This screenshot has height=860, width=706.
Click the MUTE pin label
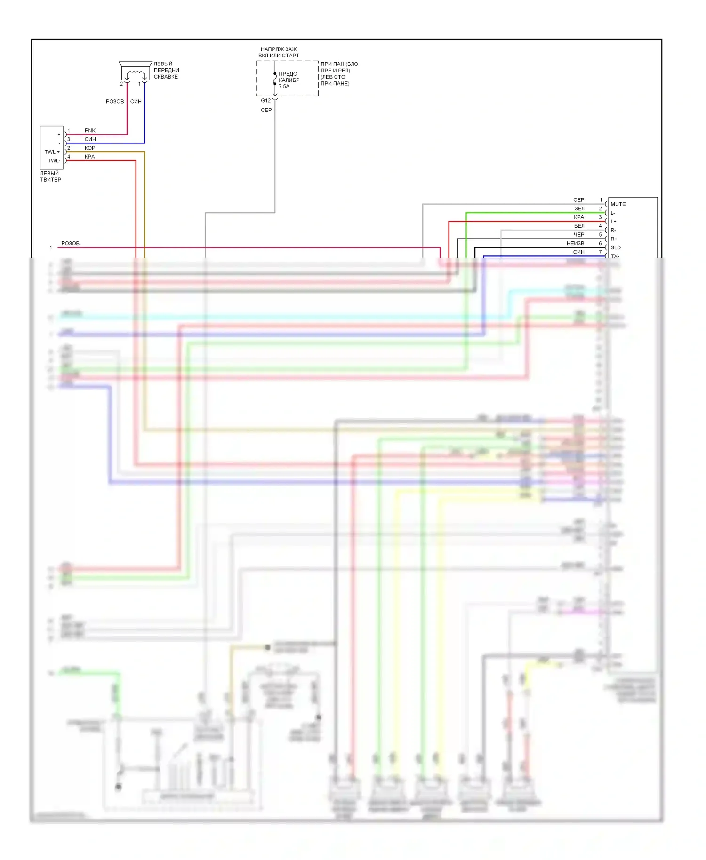pyautogui.click(x=618, y=204)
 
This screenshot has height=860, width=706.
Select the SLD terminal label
pyautogui.click(x=616, y=247)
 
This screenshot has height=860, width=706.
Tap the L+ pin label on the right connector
pyautogui.click(x=613, y=222)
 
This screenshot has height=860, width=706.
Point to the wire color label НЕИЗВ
pyautogui.click(x=575, y=243)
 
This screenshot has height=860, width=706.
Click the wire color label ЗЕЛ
pyautogui.click(x=579, y=208)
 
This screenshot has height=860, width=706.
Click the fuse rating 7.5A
pyautogui.click(x=284, y=87)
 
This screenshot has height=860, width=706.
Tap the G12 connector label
pyautogui.click(x=266, y=100)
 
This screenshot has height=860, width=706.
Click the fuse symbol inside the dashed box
pyautogui.click(x=275, y=80)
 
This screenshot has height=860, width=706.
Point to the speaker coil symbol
pyautogui.click(x=136, y=73)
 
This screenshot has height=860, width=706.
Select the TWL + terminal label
pyautogui.click(x=52, y=152)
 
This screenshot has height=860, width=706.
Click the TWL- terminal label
pyautogui.click(x=54, y=160)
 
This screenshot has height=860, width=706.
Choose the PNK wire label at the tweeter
pyautogui.click(x=90, y=130)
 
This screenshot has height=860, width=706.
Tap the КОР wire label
pyautogui.click(x=90, y=148)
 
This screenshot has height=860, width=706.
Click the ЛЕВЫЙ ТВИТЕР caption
pyautogui.click(x=50, y=176)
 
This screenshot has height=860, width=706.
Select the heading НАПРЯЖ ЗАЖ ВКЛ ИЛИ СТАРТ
pyautogui.click(x=279, y=52)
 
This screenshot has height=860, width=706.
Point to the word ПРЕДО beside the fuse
pyautogui.click(x=288, y=74)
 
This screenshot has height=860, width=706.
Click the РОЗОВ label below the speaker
pyautogui.click(x=115, y=101)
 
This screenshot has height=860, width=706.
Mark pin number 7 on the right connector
pyautogui.click(x=600, y=252)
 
